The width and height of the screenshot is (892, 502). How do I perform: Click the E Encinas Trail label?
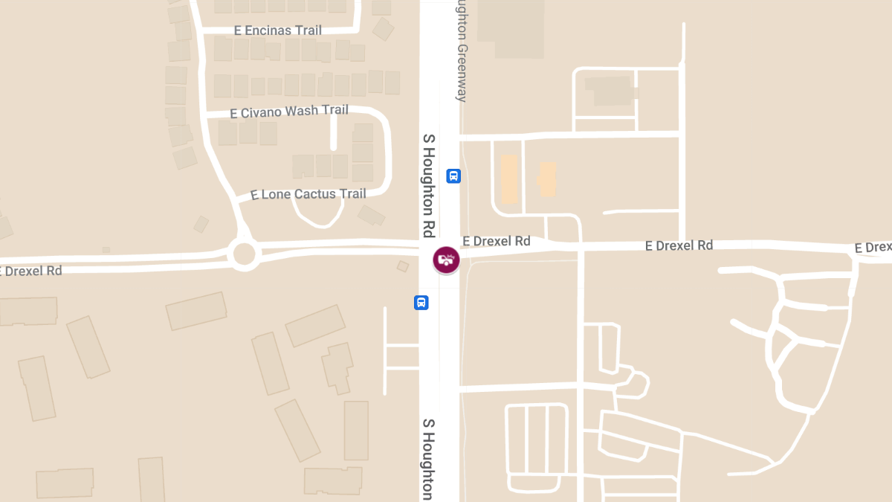[278, 30]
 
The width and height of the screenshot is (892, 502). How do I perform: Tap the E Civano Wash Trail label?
[289, 112]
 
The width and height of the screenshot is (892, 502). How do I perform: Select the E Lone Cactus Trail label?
[308, 194]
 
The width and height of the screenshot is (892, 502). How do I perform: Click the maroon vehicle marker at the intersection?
[446, 260]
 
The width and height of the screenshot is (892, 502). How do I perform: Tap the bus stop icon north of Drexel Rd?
[453, 176]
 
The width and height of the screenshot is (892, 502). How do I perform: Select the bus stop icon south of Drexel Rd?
[421, 303]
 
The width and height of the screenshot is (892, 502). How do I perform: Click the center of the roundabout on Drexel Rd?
[244, 254]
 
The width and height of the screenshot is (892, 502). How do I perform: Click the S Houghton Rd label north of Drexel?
[428, 185]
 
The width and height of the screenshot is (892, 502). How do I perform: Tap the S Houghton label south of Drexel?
[428, 458]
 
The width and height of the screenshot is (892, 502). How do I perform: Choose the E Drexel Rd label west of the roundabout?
[31, 271]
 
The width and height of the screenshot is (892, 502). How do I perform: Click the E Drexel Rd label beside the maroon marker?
[497, 241]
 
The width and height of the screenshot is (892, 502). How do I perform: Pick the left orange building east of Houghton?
[509, 178]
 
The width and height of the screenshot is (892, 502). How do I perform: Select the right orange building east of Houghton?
[547, 178]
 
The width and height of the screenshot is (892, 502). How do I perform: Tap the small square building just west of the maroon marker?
[403, 266]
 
